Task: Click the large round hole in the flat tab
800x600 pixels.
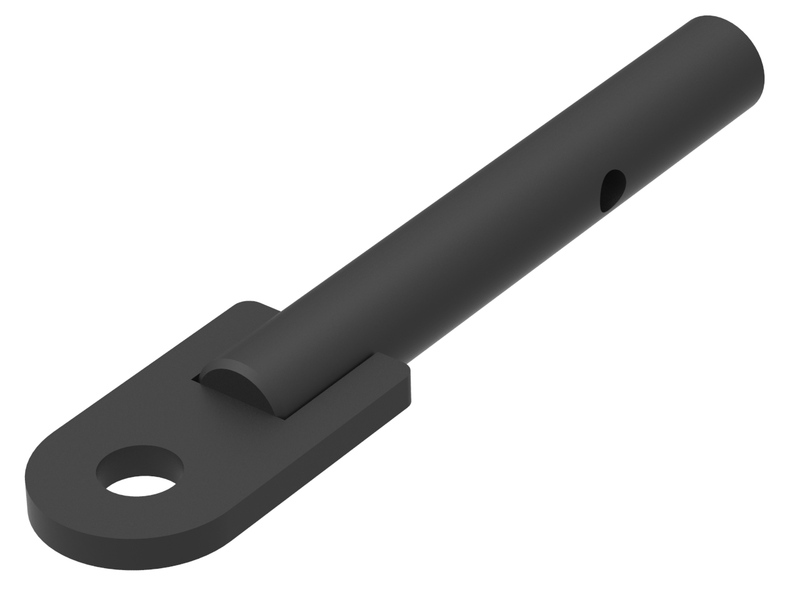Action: pyautogui.click(x=140, y=470)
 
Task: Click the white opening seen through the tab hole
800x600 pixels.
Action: pyautogui.click(x=140, y=486)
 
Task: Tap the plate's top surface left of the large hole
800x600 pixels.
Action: pyautogui.click(x=62, y=462)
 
